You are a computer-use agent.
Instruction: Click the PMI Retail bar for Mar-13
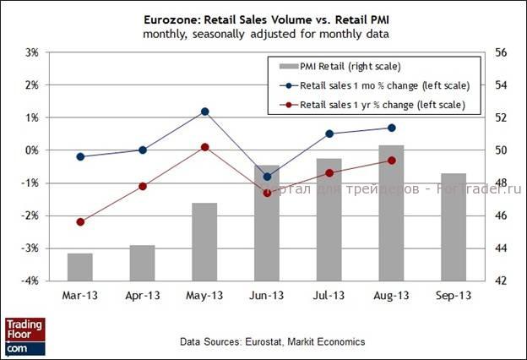(x=80, y=266)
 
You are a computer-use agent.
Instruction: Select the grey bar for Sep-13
(x=454, y=226)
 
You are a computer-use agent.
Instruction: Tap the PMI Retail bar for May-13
(x=204, y=242)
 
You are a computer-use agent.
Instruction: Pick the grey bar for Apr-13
(x=142, y=263)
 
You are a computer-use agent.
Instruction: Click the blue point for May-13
(x=204, y=112)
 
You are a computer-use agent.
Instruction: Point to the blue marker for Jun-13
(x=267, y=177)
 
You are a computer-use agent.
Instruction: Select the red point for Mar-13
(x=80, y=222)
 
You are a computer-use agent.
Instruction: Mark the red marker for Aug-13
(x=391, y=161)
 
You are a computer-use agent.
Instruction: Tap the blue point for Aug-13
(x=391, y=128)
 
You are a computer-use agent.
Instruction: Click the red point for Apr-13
(x=142, y=186)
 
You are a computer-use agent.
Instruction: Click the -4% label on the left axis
(x=30, y=281)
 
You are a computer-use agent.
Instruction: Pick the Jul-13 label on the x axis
(x=329, y=296)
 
